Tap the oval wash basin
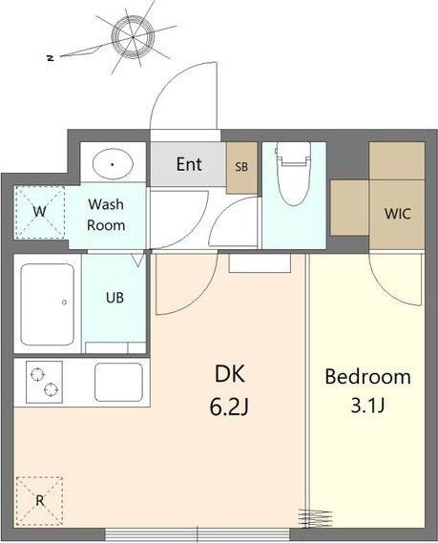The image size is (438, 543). tap(113, 164)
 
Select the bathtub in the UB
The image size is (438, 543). tap(48, 304)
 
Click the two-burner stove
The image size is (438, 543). tap(44, 382)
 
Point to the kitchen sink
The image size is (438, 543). tap(118, 382)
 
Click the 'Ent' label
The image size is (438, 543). tap(189, 164)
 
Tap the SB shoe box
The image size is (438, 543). tap(241, 168)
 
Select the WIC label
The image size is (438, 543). tap(398, 214)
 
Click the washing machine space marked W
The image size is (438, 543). tap(39, 212)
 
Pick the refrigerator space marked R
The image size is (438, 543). tap(40, 501)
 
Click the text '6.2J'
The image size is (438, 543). tap(229, 407)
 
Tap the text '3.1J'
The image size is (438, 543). tap(367, 405)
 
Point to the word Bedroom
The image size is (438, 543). tap(367, 376)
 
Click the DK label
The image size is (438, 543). tap(230, 374)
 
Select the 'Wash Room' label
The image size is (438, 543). tap(106, 215)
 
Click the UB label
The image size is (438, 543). tap(115, 298)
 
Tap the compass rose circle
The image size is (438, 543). tap(134, 36)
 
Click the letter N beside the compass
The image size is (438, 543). tap(51, 58)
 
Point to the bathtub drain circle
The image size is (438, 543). tap(64, 303)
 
